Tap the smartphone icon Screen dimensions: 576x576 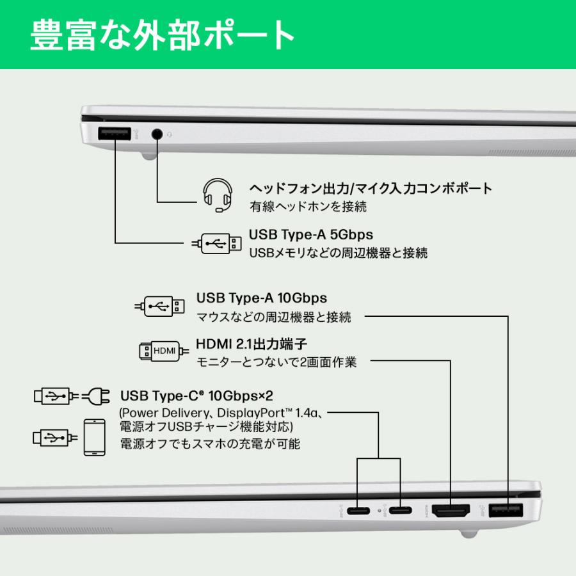point(94,437)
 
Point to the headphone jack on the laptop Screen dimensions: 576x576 point(157,134)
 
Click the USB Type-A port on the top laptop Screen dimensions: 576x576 point(115,134)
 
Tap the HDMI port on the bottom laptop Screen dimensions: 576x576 point(451,511)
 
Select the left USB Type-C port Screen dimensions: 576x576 point(359,511)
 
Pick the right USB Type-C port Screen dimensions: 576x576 point(401,511)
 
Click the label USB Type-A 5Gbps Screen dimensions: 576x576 point(310,234)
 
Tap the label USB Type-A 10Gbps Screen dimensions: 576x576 point(261,298)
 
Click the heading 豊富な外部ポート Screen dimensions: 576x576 point(163,35)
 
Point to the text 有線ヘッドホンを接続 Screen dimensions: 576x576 point(308,207)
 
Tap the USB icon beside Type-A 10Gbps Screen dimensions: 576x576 point(161,306)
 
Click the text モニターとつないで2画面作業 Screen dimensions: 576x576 point(276,362)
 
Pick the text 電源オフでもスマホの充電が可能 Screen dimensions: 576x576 point(210,443)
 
